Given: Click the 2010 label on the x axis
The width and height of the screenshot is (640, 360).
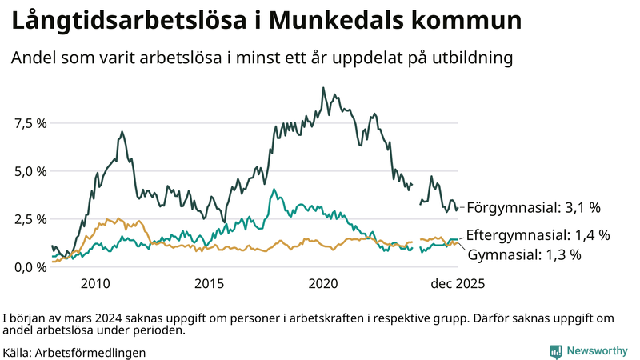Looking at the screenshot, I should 95,283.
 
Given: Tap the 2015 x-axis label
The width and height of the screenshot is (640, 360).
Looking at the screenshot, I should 210,283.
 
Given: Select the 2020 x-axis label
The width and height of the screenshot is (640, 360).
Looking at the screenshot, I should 324,283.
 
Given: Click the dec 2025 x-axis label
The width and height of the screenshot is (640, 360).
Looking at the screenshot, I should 458,283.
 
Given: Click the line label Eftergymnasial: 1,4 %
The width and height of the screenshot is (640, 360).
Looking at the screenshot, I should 538,235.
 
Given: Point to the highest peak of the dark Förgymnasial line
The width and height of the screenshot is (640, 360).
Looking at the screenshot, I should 323,88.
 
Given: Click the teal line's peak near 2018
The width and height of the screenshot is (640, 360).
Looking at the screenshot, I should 274,190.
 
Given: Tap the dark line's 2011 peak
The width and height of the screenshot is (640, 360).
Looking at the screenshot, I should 122,131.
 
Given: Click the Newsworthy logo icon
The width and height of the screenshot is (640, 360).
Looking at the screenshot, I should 555,351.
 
